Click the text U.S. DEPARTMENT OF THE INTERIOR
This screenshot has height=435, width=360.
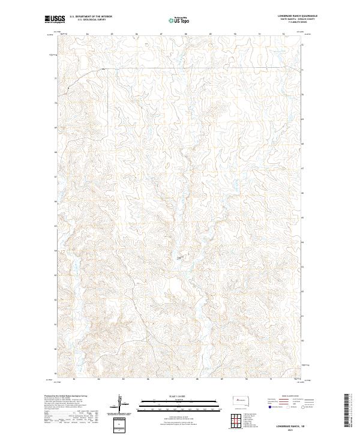coord(91,16)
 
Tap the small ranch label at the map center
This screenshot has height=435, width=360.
coord(180,258)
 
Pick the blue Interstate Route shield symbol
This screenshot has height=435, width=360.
coord(270,407)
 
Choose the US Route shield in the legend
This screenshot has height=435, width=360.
coord(287,407)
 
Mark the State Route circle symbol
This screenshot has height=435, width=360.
coord(304,407)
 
